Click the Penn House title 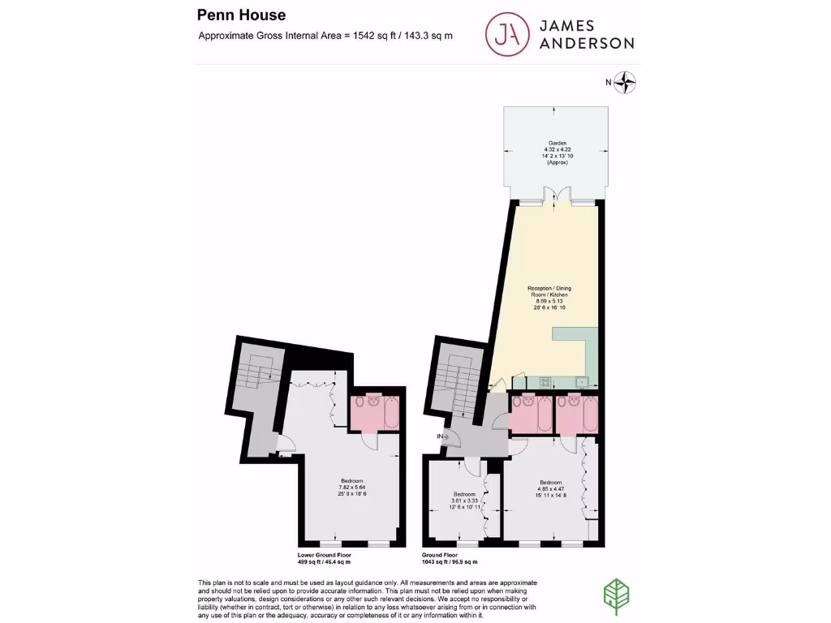point(241,15)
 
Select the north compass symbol point(626,81)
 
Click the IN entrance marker point(443,437)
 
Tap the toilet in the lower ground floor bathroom point(374,401)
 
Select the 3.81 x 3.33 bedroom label point(463,501)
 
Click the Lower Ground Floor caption point(325,558)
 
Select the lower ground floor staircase point(257,381)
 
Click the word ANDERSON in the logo point(582,43)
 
